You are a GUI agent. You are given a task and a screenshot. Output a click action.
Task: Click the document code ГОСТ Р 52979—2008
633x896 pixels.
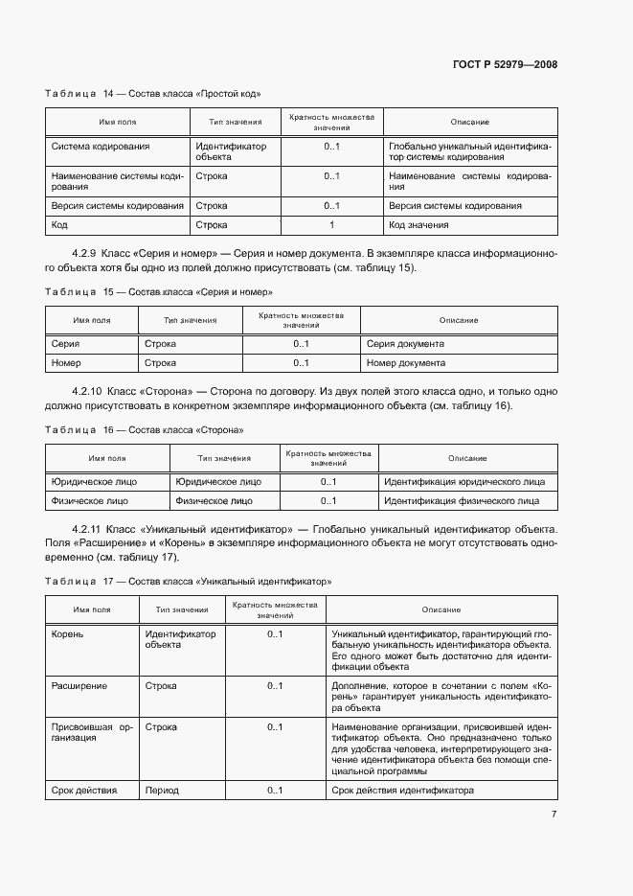tap(504, 65)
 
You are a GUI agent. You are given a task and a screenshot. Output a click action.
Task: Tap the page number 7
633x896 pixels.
tap(554, 815)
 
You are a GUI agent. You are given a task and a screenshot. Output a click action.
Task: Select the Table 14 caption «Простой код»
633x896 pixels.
tap(152, 94)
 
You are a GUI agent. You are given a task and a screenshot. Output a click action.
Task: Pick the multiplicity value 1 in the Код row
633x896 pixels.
tap(331, 225)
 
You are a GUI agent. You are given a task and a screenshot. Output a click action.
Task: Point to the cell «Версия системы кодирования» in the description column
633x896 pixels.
tap(455, 206)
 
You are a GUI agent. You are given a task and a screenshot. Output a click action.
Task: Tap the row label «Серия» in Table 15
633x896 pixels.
tap(66, 343)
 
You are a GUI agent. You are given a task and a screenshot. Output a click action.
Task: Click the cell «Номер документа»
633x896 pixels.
tap(405, 363)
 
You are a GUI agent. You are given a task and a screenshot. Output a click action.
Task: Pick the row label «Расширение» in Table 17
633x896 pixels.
tap(79, 686)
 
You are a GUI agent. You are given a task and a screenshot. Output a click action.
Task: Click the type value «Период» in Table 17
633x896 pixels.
tap(162, 791)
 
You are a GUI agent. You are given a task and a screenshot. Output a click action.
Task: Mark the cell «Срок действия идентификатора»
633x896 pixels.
tap(402, 791)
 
